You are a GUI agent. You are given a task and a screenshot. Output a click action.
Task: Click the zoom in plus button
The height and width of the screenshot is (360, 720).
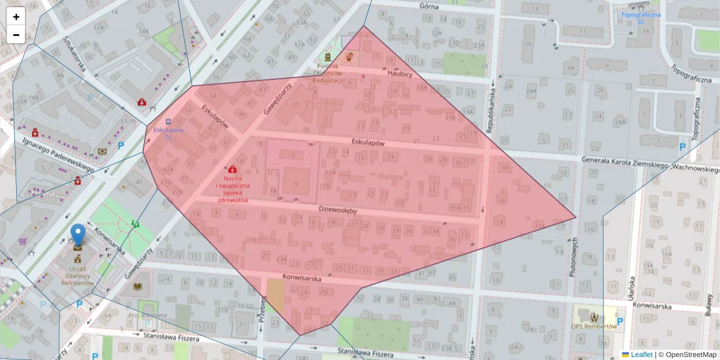(x=16, y=17)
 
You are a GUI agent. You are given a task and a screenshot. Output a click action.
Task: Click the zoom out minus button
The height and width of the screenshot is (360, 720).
(x=16, y=35)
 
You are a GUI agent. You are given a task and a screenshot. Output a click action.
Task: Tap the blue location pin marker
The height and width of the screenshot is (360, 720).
(x=78, y=235)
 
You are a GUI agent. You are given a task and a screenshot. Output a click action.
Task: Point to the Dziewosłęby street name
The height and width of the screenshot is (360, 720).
(x=338, y=211)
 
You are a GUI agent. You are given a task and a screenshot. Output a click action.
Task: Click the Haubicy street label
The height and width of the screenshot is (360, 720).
(x=400, y=73)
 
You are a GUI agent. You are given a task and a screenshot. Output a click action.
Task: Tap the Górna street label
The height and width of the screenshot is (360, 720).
(x=429, y=6)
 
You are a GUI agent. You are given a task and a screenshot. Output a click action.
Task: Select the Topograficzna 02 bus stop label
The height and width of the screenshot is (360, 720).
(x=641, y=17)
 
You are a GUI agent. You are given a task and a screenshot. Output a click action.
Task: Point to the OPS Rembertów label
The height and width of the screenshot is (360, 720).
(x=594, y=326)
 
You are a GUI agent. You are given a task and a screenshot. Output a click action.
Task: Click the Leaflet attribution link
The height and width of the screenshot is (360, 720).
(x=641, y=355)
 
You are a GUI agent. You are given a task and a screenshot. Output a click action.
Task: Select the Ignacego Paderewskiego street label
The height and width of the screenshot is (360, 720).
(x=58, y=155)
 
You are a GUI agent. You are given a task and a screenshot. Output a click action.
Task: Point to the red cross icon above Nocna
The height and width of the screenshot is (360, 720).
(x=232, y=170)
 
